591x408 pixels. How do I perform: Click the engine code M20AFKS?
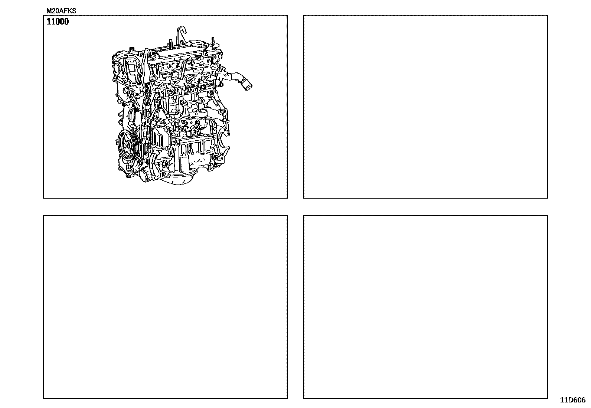61,11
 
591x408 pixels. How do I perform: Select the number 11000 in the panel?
58,22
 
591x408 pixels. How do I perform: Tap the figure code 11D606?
573,400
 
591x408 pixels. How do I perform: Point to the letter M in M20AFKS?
49,11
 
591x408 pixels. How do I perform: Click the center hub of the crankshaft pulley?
126,145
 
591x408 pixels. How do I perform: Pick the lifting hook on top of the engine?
182,34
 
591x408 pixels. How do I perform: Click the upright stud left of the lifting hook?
169,43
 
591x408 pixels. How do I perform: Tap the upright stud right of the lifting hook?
212,42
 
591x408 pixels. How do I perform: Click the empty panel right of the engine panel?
425,107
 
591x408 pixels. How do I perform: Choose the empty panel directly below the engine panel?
165,307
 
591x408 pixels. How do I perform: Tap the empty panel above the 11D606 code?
425,307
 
